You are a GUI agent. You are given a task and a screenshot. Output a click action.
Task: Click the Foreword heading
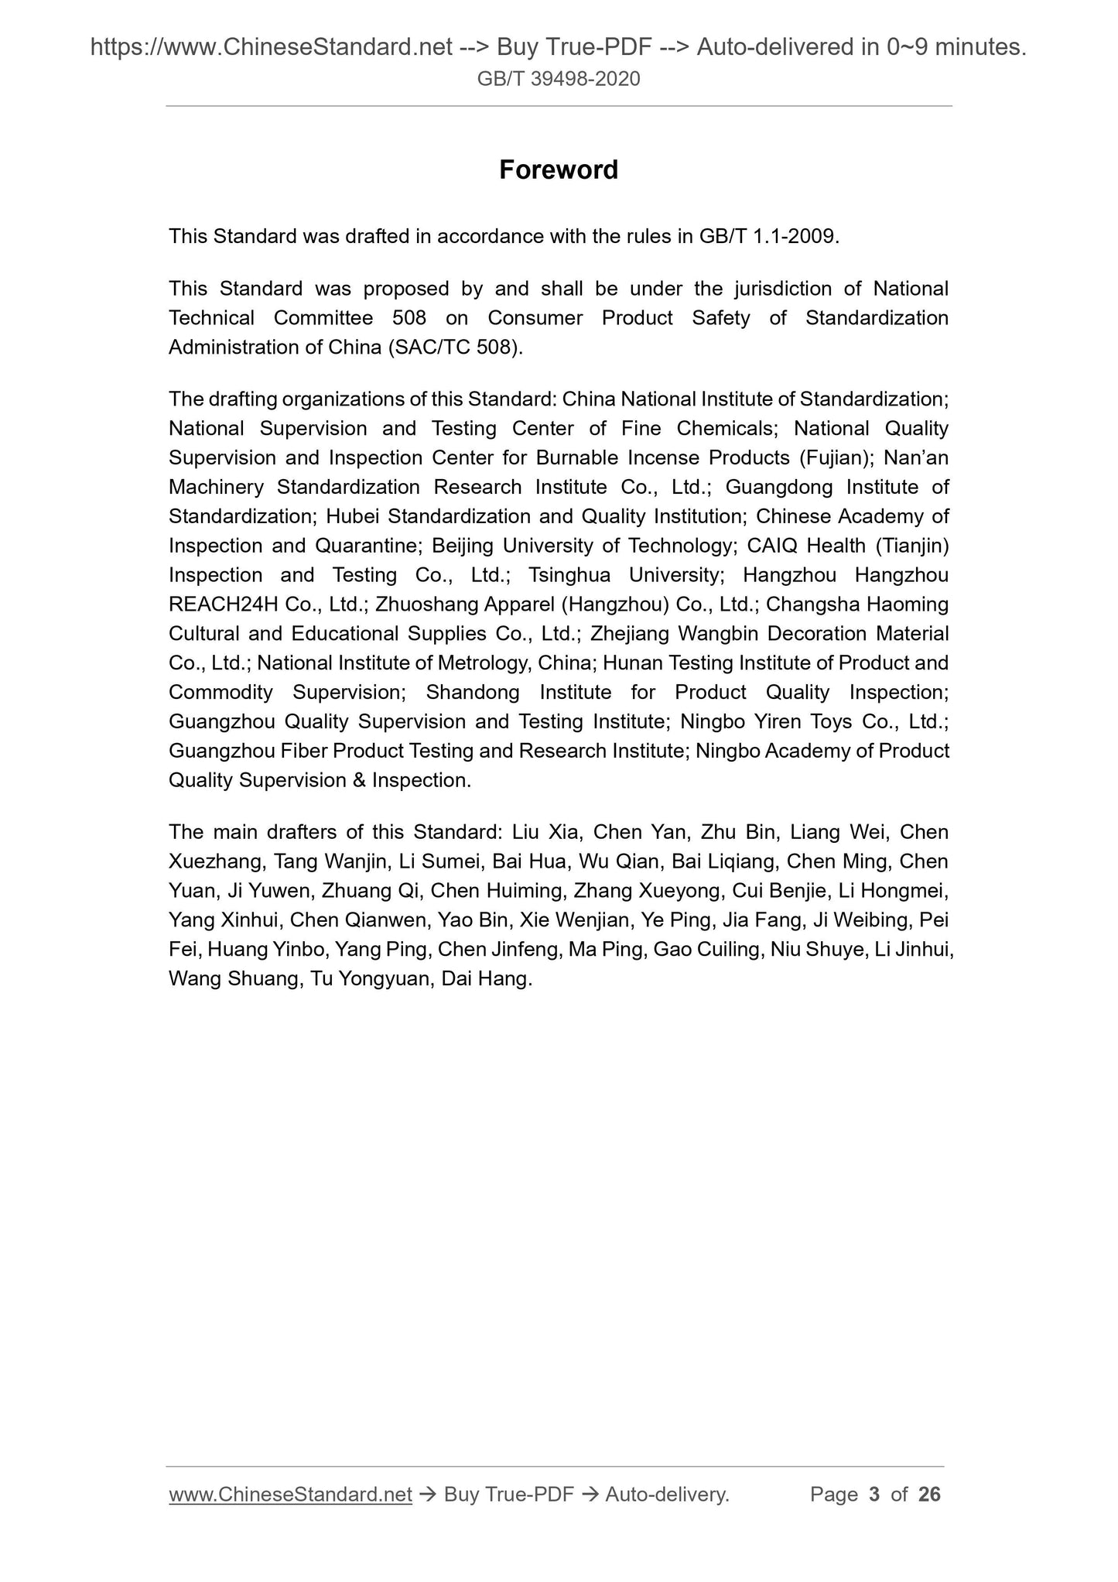558,169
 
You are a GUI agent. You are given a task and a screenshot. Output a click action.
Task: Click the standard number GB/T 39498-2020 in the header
559,78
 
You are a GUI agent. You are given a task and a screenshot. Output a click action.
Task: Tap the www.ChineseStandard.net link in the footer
290,1495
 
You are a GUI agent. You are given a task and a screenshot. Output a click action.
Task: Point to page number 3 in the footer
874,1495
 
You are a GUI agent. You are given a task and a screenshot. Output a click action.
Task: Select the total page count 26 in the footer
929,1495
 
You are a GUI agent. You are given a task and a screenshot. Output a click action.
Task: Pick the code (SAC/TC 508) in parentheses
454,347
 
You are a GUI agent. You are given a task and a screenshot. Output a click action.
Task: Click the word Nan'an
916,457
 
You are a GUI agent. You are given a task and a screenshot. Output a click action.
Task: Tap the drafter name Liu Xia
545,832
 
